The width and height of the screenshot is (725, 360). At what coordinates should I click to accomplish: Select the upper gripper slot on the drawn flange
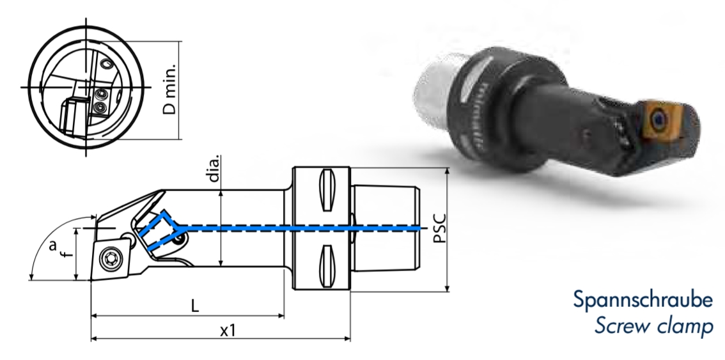[327, 189]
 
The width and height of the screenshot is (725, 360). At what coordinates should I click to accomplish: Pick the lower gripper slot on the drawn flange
[327, 262]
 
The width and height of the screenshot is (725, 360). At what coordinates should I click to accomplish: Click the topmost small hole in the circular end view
[105, 65]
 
